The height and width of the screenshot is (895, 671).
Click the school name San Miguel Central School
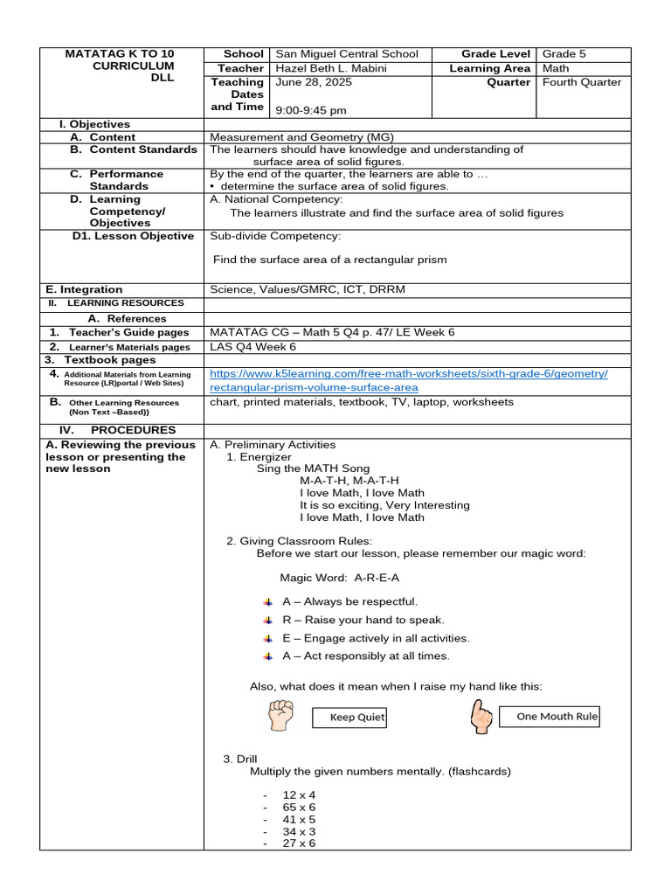coord(347,54)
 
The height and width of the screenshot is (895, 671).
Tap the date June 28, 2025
coord(307,82)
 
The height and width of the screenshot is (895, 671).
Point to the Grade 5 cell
coord(564,54)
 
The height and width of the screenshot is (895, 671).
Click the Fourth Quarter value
coord(582,82)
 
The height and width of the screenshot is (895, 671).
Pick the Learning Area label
coord(489,68)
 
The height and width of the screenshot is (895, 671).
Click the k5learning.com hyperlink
coord(408,380)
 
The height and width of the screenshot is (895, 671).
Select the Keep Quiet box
coord(349,718)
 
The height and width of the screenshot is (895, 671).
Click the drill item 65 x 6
coord(299,808)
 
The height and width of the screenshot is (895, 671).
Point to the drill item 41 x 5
coord(299,820)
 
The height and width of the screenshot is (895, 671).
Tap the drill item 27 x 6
coord(299,843)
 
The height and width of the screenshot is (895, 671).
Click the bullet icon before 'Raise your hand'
coord(268,620)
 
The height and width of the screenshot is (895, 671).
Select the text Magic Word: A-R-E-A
coord(340,578)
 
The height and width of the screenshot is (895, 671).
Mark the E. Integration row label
coord(84,289)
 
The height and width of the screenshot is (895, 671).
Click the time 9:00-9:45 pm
coord(310,111)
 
